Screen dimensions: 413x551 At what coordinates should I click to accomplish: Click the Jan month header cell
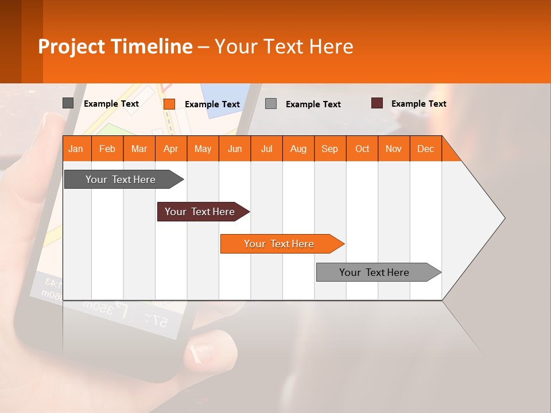(x=76, y=149)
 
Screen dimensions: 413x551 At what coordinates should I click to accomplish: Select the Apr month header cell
(x=171, y=149)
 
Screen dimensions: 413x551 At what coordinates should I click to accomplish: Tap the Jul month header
(x=266, y=149)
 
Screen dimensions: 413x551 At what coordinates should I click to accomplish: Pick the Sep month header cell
(x=330, y=149)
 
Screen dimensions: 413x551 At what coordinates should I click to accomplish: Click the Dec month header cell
(x=425, y=149)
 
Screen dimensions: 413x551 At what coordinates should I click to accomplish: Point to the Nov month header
(x=394, y=149)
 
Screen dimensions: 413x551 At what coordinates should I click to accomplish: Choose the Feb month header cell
(x=107, y=149)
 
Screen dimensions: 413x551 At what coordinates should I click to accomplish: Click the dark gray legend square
(x=68, y=103)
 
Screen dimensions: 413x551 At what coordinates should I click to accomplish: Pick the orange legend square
(x=169, y=104)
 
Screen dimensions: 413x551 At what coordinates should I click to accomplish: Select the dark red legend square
(x=377, y=103)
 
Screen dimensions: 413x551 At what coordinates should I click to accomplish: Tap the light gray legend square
(x=271, y=104)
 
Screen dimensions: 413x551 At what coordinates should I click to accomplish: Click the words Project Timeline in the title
(x=115, y=46)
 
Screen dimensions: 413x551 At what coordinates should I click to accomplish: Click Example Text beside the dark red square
(x=419, y=104)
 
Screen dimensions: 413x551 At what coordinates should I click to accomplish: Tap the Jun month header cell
(x=235, y=149)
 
